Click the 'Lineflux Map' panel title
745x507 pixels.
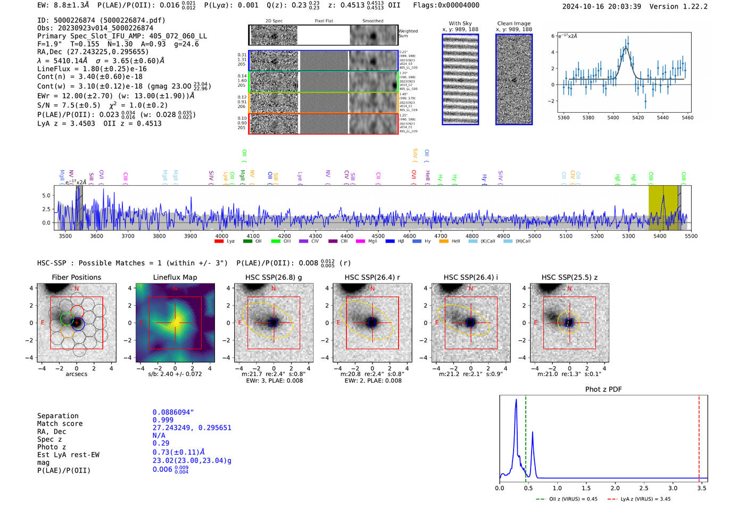pyautogui.click(x=175, y=277)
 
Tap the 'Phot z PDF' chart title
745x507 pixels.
pyautogui.click(x=603, y=389)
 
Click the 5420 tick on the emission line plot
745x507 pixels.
pyautogui.click(x=638, y=118)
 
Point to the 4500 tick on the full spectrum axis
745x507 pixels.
pyautogui.click(x=378, y=236)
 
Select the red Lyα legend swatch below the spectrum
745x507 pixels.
pyautogui.click(x=219, y=242)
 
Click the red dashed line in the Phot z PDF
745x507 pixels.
pyautogui.click(x=699, y=436)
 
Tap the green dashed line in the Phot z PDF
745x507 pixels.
pyautogui.click(x=525, y=436)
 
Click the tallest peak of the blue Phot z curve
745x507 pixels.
pyautogui.click(x=516, y=400)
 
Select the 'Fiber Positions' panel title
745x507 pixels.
pyautogui.click(x=76, y=277)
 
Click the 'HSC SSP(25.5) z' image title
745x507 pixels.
pyautogui.click(x=569, y=277)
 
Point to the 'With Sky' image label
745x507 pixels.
pyautogui.click(x=460, y=23)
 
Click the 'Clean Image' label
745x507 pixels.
pyautogui.click(x=514, y=23)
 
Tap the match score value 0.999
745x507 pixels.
pyautogui.click(x=163, y=420)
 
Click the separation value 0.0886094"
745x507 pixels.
pyautogui.click(x=173, y=412)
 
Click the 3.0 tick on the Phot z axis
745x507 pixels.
pyautogui.click(x=673, y=487)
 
